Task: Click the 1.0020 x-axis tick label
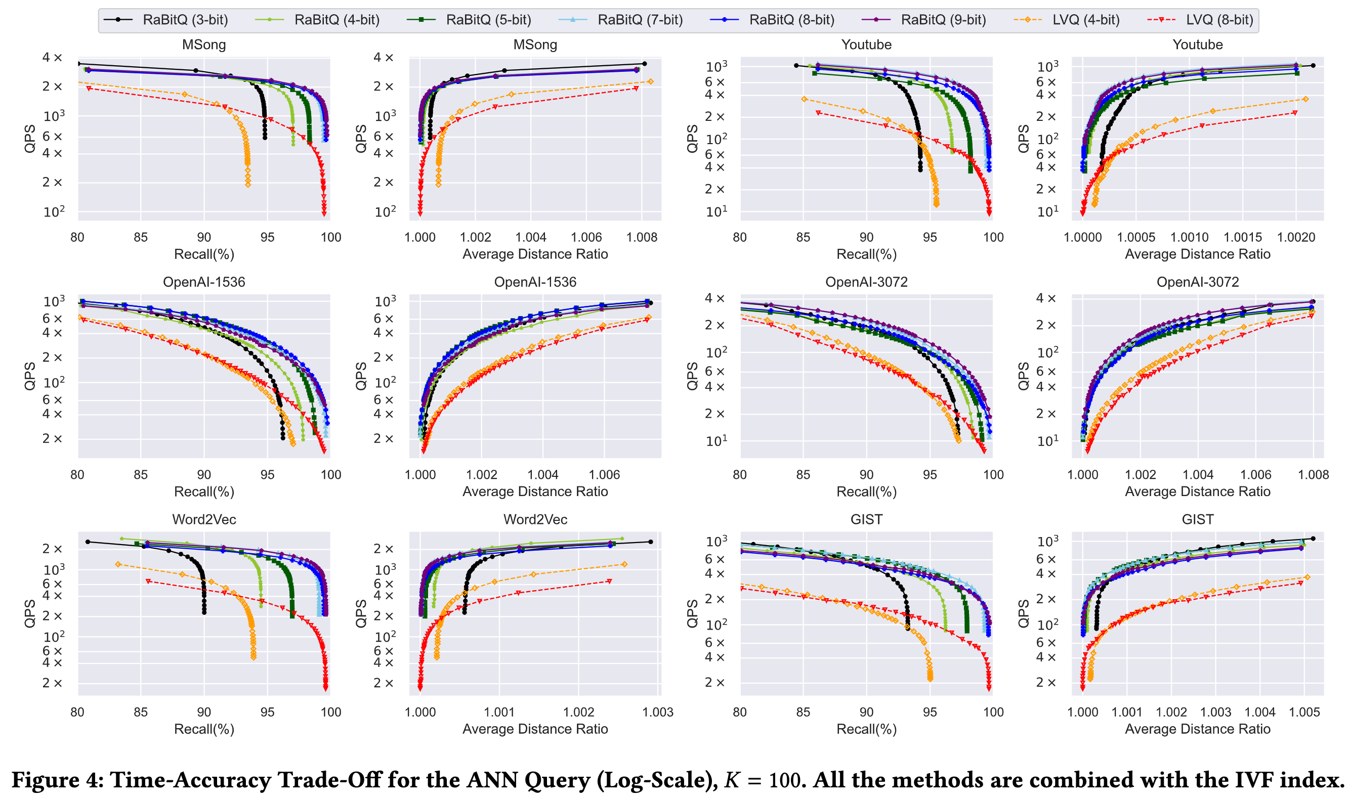pyautogui.click(x=1296, y=237)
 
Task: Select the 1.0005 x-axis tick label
pyautogui.click(x=1136, y=237)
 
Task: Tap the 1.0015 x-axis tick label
pyautogui.click(x=1242, y=237)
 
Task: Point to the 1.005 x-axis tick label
pyautogui.click(x=1304, y=712)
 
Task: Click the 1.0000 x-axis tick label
pyautogui.click(x=1082, y=237)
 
